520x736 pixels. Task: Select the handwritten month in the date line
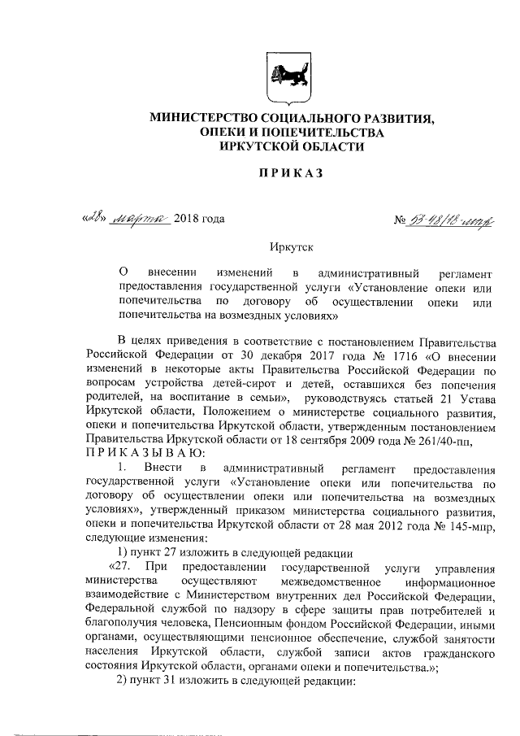click(x=139, y=218)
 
